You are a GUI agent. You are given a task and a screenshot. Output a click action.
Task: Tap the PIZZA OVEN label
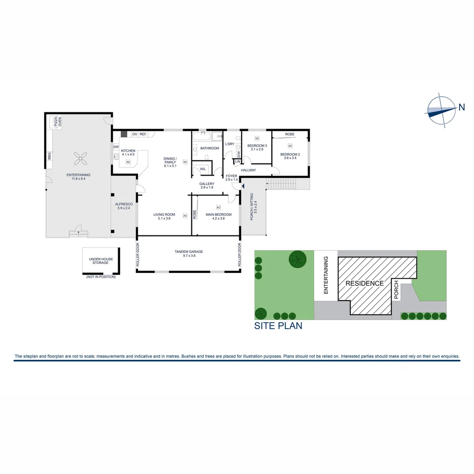(57, 121)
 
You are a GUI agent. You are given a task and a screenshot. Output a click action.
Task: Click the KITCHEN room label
(128, 151)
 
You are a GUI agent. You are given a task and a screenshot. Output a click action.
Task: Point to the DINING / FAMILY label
(170, 160)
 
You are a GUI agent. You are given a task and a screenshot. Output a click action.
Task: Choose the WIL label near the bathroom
(203, 169)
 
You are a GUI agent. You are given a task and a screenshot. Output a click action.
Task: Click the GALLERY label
(206, 184)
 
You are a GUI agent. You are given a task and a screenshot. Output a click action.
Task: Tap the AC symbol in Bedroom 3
(257, 139)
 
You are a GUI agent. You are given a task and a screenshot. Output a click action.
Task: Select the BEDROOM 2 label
(290, 154)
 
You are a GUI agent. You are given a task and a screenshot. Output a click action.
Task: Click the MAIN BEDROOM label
(219, 215)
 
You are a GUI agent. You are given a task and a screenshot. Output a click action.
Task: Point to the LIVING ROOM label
(164, 215)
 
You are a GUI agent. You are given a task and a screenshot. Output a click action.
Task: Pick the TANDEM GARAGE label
(189, 251)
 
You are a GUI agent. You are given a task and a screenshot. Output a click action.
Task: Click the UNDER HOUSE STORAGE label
(101, 261)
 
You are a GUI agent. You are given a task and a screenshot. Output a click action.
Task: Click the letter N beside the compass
(462, 107)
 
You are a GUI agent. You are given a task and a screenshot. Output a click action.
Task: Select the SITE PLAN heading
(278, 326)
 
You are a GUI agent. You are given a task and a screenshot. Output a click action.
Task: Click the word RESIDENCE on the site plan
(365, 283)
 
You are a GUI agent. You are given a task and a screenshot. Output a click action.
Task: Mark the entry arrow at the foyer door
(237, 187)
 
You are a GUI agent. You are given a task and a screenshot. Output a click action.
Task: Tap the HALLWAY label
(248, 170)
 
